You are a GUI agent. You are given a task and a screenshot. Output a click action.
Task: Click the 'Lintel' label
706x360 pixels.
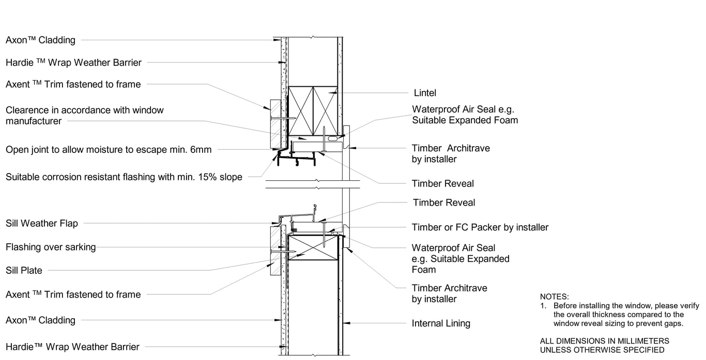point(425,93)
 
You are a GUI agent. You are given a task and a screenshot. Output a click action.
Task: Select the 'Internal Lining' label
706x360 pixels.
point(441,324)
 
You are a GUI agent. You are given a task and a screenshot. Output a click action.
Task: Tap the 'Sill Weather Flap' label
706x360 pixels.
point(42,223)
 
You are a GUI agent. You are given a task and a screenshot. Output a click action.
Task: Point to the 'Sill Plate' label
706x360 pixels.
point(24,270)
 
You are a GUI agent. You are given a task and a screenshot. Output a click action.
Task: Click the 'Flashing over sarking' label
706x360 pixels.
point(51,247)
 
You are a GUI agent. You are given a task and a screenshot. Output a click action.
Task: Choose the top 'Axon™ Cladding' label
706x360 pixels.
point(40,40)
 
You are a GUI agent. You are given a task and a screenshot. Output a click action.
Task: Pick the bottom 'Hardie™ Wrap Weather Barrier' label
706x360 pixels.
point(72,347)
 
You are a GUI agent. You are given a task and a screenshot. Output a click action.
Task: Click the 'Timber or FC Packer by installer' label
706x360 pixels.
point(480,227)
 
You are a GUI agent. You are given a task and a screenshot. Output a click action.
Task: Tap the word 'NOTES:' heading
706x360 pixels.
point(554,297)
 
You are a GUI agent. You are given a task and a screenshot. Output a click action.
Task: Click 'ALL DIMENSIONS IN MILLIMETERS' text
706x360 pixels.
point(604,341)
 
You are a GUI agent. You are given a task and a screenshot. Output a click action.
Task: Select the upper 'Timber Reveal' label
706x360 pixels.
point(442,183)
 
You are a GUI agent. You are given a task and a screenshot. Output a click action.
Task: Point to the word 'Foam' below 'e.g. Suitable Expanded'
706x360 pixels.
point(424,270)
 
